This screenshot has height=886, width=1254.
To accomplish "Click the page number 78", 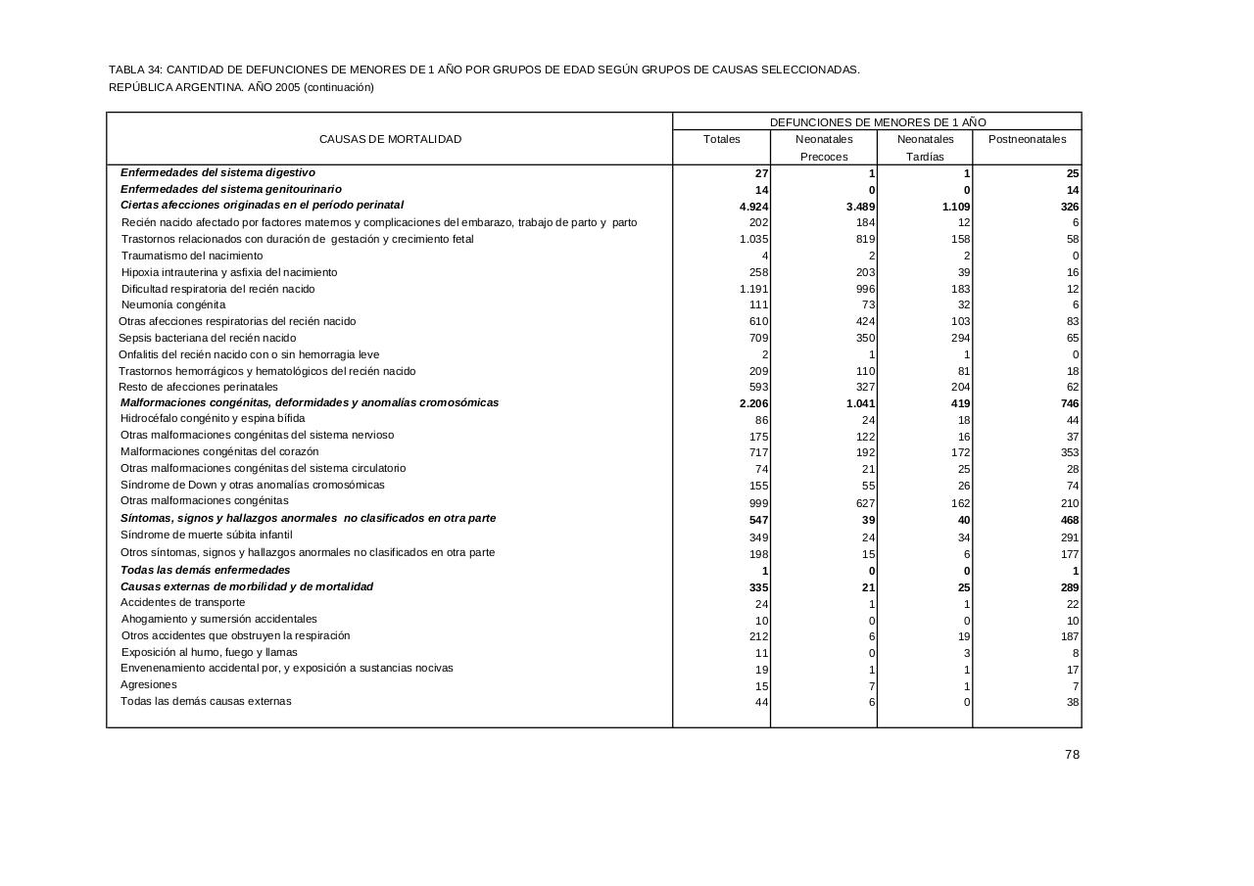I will coord(1072,755).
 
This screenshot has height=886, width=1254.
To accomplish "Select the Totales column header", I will coord(722,139).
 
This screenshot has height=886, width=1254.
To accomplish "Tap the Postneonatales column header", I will coord(1027,139).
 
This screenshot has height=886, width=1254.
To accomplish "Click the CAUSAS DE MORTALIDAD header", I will coord(390,139).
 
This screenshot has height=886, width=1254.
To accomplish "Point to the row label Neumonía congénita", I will coord(173,304).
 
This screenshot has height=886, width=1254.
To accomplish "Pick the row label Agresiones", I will coord(149,684).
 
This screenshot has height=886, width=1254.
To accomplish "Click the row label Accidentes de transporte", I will coord(183,602).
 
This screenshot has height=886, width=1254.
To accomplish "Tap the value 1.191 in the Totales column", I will coord(753,289).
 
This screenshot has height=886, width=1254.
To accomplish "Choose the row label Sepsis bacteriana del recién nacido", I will coord(207,338).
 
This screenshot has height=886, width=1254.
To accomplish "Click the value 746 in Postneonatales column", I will coord(1069,403).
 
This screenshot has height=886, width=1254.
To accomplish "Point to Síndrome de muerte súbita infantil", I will coord(207,535).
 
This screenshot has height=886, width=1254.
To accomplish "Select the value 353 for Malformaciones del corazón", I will coord(1069,452).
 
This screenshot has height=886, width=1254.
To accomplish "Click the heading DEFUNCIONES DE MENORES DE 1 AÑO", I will coord(878,122).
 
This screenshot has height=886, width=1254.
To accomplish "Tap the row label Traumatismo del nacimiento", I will coord(192,256).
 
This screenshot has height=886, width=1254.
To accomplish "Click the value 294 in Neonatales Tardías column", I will coord(960,338).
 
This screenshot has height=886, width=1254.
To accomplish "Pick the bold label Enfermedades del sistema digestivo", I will coord(217,172).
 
